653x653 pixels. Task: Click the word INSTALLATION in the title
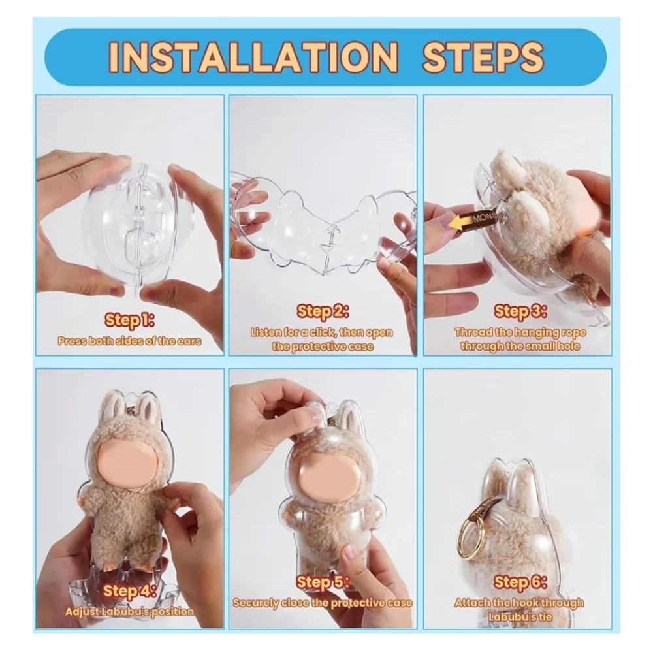253,57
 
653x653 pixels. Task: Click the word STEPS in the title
483,57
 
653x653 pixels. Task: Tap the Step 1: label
129,320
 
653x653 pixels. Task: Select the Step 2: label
323,311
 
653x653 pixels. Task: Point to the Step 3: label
520,311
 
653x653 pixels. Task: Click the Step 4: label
129,590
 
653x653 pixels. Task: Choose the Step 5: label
323,582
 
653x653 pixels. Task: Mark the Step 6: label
520,582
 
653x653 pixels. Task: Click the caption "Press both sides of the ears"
129,341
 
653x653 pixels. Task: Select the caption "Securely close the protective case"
323,603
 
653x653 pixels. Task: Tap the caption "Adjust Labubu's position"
129,612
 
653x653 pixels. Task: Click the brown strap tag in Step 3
483,218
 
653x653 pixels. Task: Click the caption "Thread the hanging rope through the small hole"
520,340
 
